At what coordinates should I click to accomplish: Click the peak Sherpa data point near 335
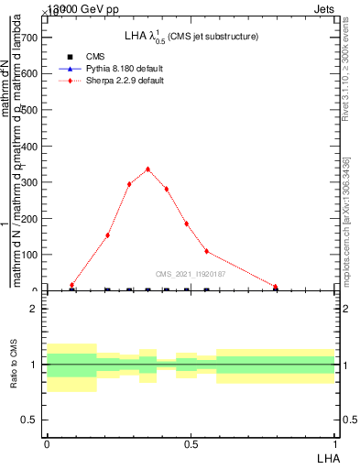click(x=147, y=169)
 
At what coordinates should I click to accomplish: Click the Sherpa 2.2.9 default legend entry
click(x=126, y=81)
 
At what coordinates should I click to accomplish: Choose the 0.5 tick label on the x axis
click(x=191, y=443)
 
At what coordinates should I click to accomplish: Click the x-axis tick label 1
click(x=334, y=443)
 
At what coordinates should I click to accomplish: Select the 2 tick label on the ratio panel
click(x=33, y=309)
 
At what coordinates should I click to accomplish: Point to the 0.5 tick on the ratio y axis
click(x=28, y=420)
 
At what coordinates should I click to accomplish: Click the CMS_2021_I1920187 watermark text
click(x=191, y=274)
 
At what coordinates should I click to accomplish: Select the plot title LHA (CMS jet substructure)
click(x=191, y=37)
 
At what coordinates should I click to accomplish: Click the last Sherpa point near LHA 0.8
click(x=275, y=286)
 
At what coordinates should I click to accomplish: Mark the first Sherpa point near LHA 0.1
click(x=71, y=285)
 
